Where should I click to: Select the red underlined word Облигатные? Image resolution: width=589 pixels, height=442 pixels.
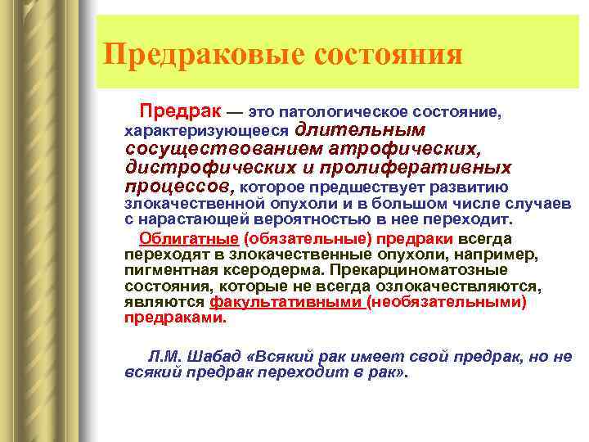coord(188,238)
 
